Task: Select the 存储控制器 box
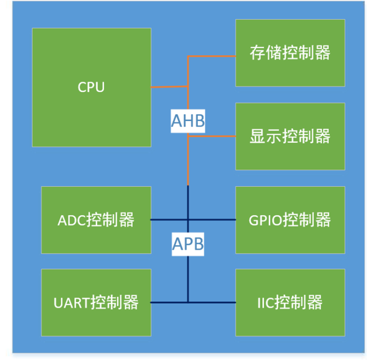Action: click(x=290, y=70)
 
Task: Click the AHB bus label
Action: click(x=188, y=121)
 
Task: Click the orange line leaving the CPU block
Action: click(x=169, y=87)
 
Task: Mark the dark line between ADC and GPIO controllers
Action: click(x=169, y=219)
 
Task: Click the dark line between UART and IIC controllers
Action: click(x=169, y=302)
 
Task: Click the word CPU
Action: click(x=91, y=87)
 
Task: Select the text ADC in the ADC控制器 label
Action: click(x=72, y=219)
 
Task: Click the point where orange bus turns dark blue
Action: click(x=188, y=186)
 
